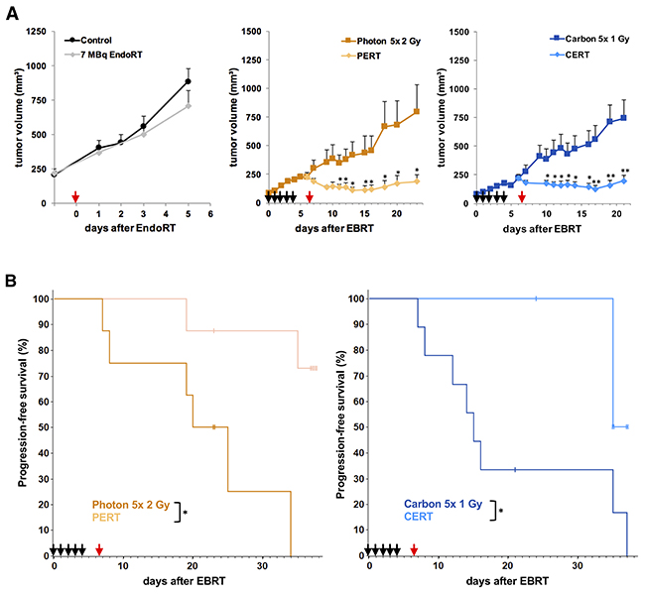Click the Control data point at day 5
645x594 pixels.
pyautogui.click(x=188, y=81)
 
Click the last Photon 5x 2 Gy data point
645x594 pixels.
pyautogui.click(x=417, y=111)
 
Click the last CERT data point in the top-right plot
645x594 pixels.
pyautogui.click(x=624, y=180)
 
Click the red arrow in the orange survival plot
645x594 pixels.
pyautogui.click(x=98, y=547)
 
